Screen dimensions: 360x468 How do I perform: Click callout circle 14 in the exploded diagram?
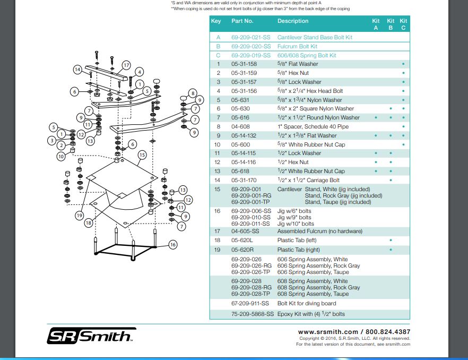click(x=77, y=70)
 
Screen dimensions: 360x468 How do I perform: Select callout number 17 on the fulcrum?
click(x=126, y=65)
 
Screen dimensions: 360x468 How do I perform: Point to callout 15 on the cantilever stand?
click(x=142, y=155)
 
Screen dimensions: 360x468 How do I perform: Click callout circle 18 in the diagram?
click(x=88, y=224)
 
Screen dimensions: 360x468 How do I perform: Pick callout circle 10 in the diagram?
click(x=61, y=157)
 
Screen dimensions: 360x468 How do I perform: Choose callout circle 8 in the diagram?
click(x=193, y=92)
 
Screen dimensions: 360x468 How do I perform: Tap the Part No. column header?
click(x=242, y=21)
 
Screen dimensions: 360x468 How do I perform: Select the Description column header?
click(x=292, y=21)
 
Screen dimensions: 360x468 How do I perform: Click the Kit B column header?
click(x=391, y=24)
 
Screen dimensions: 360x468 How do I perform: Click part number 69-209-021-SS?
click(x=250, y=37)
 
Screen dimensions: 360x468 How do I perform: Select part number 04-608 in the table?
click(x=240, y=126)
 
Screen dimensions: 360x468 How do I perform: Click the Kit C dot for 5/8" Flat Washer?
click(x=403, y=64)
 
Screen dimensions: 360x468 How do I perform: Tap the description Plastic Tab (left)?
click(x=300, y=240)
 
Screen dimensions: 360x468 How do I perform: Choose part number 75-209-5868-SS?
click(x=253, y=314)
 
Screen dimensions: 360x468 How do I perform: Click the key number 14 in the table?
click(x=218, y=180)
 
